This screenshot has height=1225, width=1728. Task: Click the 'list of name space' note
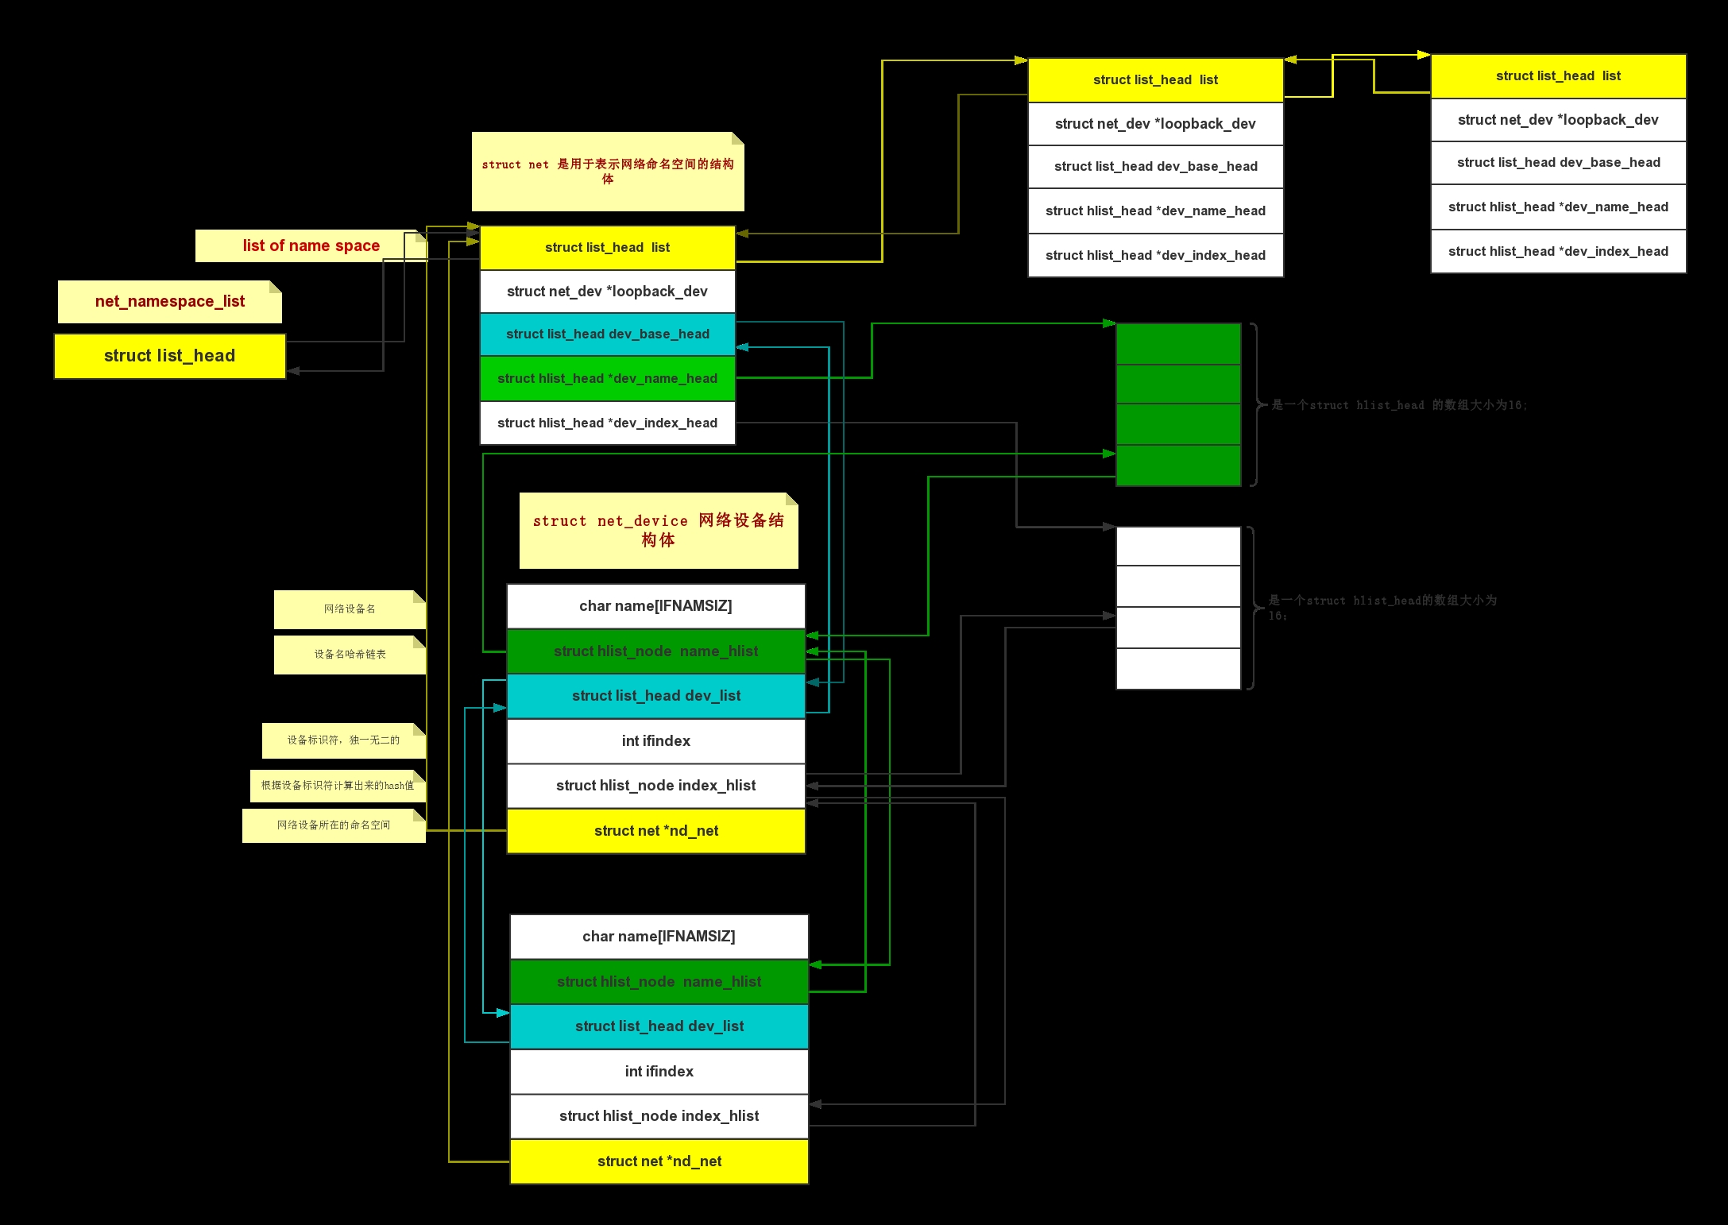(x=311, y=245)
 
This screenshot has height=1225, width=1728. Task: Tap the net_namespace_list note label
(x=169, y=302)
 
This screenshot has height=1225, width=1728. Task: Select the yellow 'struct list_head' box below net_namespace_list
(x=169, y=356)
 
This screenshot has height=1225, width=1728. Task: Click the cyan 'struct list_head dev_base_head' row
(x=607, y=334)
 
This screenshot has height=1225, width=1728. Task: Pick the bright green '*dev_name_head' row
(x=607, y=379)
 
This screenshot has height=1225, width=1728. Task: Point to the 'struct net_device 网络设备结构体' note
(x=658, y=531)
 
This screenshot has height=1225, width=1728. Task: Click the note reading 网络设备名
(x=350, y=609)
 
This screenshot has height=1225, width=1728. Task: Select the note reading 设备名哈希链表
(x=350, y=655)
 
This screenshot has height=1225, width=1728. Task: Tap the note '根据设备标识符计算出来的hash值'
(x=338, y=786)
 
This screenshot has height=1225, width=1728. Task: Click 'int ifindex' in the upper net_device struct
(x=655, y=741)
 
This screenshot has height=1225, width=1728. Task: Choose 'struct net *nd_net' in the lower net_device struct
(x=659, y=1161)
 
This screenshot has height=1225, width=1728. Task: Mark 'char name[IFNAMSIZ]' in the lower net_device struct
(x=659, y=937)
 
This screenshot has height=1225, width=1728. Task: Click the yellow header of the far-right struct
(x=1557, y=76)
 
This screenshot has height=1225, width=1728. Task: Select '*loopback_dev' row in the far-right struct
(x=1557, y=120)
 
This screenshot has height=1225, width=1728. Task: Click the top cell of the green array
(x=1178, y=344)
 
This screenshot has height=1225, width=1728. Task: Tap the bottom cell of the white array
(x=1178, y=669)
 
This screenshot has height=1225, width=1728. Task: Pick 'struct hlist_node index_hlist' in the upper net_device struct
(x=655, y=786)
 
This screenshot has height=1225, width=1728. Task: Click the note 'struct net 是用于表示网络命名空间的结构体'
(x=608, y=172)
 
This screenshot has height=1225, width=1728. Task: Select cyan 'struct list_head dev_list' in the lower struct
(x=659, y=1026)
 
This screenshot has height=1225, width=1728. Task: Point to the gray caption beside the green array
(x=1398, y=405)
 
